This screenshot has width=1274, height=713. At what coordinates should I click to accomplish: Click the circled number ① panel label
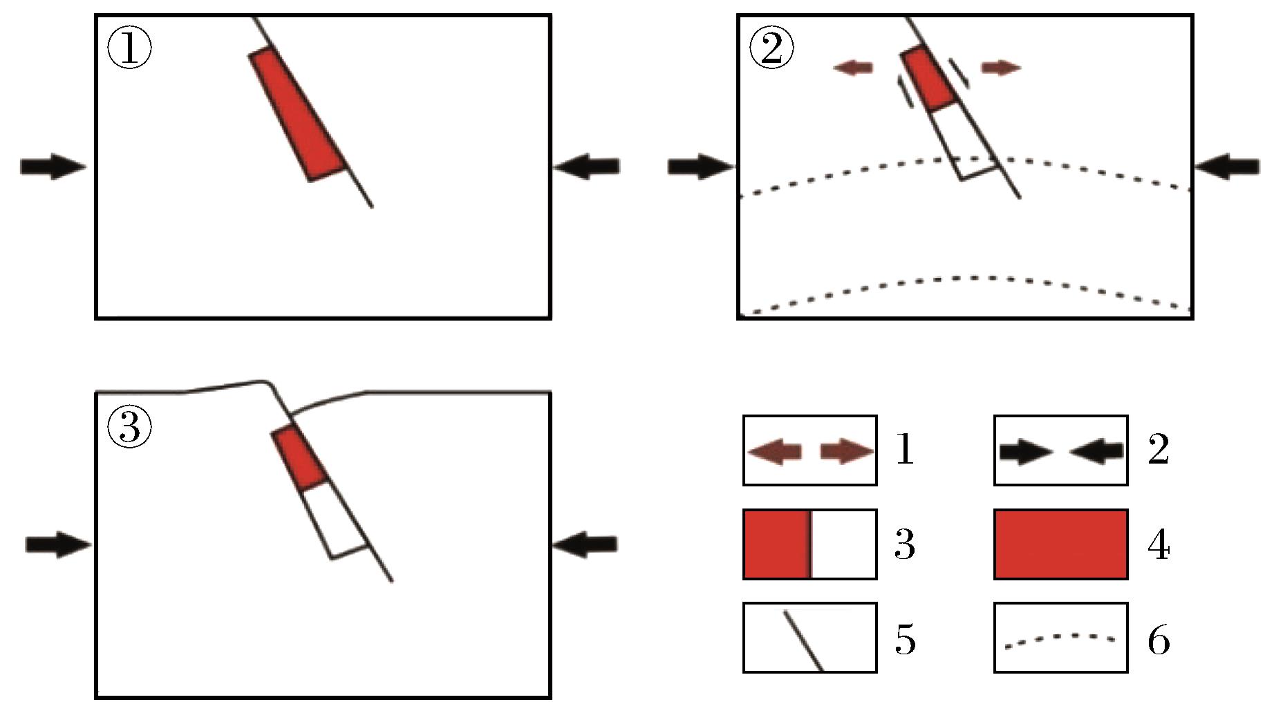(x=130, y=48)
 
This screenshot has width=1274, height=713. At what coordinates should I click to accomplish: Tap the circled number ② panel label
(x=772, y=48)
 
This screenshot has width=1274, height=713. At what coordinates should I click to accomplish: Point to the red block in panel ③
(x=299, y=457)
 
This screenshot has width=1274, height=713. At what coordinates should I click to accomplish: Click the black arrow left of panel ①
(x=53, y=167)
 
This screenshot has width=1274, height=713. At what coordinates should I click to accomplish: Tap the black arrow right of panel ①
(x=587, y=167)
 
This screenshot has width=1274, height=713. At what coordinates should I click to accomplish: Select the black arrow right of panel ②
(x=1226, y=167)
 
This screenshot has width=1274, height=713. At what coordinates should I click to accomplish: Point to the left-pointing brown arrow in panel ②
(x=853, y=67)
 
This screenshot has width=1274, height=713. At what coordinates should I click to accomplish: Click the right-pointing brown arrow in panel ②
(x=1001, y=67)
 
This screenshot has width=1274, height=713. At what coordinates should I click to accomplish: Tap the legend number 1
(x=905, y=450)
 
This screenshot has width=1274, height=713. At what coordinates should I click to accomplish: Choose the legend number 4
(x=1159, y=544)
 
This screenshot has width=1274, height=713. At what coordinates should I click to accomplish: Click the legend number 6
(x=1159, y=640)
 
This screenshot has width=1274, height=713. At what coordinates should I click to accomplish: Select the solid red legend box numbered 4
(x=1060, y=544)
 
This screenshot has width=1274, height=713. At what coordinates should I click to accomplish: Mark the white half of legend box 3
(x=843, y=544)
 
